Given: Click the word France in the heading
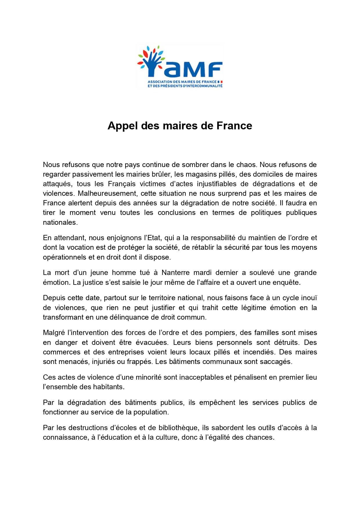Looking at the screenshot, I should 234,126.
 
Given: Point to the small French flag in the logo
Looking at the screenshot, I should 220,82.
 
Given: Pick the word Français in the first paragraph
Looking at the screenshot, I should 122,184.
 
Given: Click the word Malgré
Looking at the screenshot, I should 54,333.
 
